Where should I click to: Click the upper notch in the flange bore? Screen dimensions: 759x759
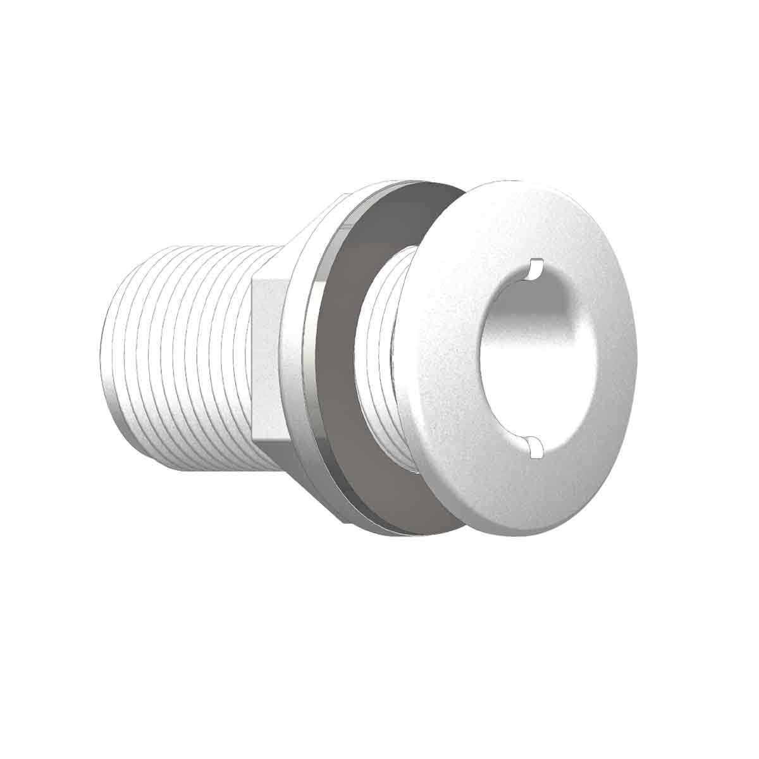[535, 268]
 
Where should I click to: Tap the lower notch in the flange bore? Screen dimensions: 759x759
[535, 446]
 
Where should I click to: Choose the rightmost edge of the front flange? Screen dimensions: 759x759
[636, 354]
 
